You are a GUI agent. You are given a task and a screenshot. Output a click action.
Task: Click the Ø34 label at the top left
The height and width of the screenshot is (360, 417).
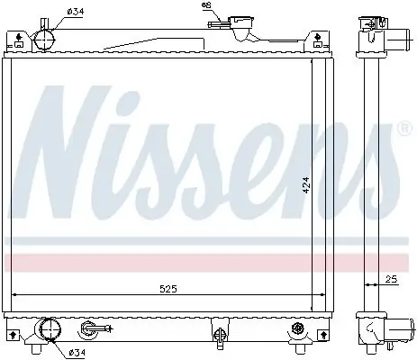pyautogui.click(x=74, y=12)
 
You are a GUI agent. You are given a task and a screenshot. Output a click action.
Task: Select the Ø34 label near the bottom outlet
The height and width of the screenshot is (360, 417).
pyautogui.click(x=80, y=351)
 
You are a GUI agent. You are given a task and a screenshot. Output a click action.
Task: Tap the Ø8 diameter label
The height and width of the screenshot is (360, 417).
pyautogui.click(x=205, y=6)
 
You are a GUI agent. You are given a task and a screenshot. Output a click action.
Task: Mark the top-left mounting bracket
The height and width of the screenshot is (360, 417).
pyautogui.click(x=16, y=38)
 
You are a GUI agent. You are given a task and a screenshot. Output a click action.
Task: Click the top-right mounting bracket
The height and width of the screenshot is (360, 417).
pyautogui.click(x=317, y=38)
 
